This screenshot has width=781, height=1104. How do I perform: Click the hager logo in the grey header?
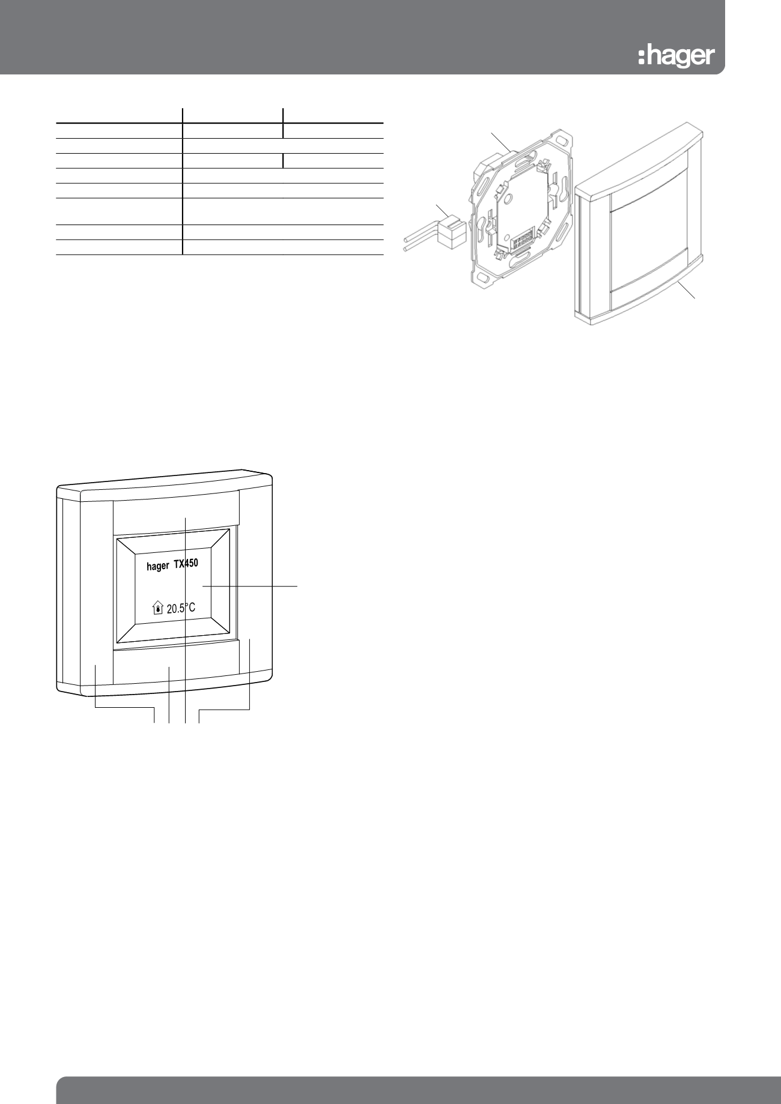676,56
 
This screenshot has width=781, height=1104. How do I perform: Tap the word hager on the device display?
158,566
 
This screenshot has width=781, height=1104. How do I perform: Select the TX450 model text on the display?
186,564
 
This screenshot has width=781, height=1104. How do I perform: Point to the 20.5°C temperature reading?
181,608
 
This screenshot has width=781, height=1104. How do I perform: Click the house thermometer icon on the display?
157,608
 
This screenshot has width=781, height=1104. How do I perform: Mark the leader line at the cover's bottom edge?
687,291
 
